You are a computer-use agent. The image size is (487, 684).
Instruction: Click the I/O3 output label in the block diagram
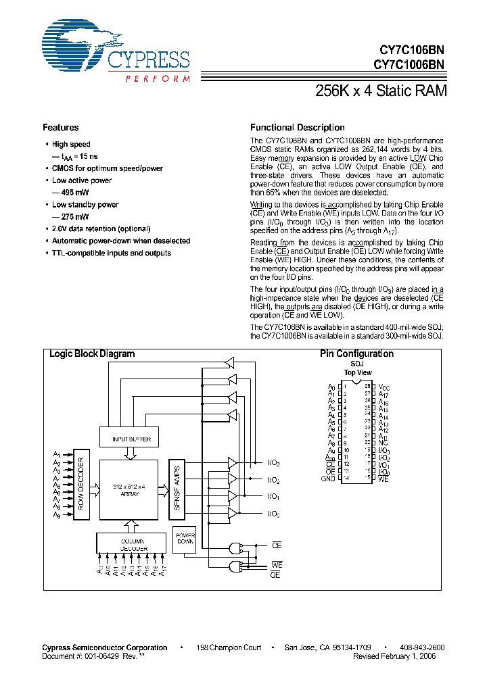click(x=274, y=463)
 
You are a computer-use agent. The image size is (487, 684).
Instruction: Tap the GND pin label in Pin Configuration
click(x=327, y=479)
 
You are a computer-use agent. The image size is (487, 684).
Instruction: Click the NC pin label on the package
click(x=383, y=443)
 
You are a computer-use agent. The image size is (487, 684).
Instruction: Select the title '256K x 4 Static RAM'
click(x=381, y=91)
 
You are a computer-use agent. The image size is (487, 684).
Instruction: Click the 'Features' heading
click(x=61, y=128)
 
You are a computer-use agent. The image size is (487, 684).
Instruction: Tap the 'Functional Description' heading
click(x=297, y=128)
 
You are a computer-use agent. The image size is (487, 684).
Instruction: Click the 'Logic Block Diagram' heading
click(x=92, y=354)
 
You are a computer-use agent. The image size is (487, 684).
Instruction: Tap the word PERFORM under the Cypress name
click(x=157, y=79)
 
